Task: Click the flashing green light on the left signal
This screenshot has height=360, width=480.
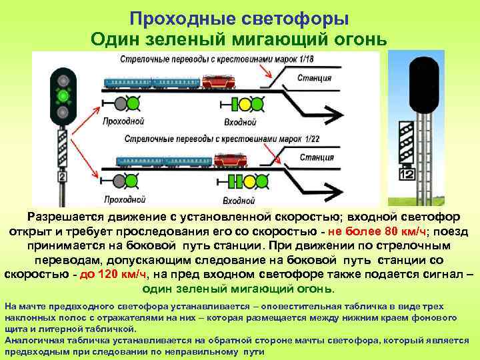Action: [63, 96]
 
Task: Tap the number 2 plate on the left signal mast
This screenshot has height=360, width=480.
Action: [63, 177]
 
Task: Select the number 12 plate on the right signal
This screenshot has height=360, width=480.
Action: [407, 174]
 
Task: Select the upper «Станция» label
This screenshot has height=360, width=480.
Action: [315, 77]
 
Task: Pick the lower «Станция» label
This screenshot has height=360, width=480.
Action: [317, 157]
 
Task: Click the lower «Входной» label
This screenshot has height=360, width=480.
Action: [239, 200]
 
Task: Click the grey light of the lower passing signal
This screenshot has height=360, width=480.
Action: [119, 181]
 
